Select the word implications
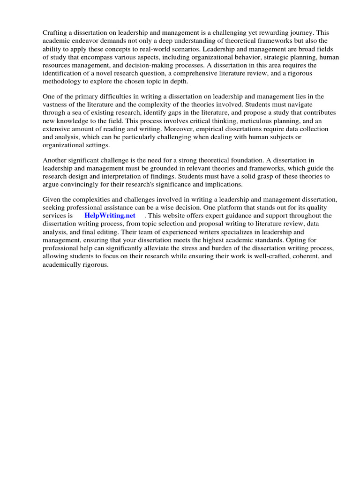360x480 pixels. pos(225,185)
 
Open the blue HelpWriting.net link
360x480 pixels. pos(110,216)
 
